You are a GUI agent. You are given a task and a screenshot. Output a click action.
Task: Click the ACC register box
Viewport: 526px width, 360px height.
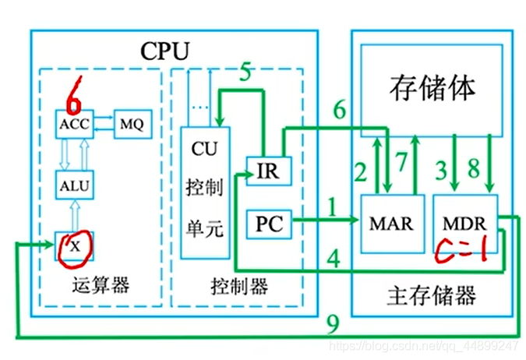[x=74, y=125]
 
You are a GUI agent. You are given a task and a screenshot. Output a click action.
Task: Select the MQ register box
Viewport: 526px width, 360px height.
[x=131, y=125]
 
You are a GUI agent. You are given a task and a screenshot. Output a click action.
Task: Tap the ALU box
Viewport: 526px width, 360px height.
[x=74, y=185]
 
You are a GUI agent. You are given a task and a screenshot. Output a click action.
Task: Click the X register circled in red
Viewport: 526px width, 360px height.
[x=74, y=247]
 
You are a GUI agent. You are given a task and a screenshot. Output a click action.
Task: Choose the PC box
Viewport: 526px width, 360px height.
[x=269, y=226]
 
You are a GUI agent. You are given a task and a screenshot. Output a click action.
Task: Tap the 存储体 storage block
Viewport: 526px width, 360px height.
[x=430, y=88]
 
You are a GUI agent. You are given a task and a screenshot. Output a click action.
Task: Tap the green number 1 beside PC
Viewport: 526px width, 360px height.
[x=334, y=207]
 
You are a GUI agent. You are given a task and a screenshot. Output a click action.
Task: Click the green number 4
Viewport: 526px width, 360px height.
[x=333, y=256]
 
